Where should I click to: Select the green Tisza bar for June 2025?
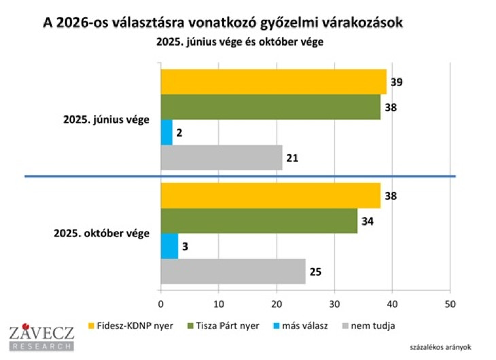click(x=270, y=107)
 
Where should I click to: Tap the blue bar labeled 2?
click(x=166, y=132)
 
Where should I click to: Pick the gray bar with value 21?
click(x=222, y=158)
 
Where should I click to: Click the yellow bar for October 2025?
click(x=270, y=196)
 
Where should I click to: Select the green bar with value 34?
click(x=259, y=221)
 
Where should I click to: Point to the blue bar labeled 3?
click(x=169, y=246)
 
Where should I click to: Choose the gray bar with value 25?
click(x=233, y=272)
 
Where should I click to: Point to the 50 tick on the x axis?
click(x=450, y=304)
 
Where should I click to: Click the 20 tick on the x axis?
click(x=277, y=304)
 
